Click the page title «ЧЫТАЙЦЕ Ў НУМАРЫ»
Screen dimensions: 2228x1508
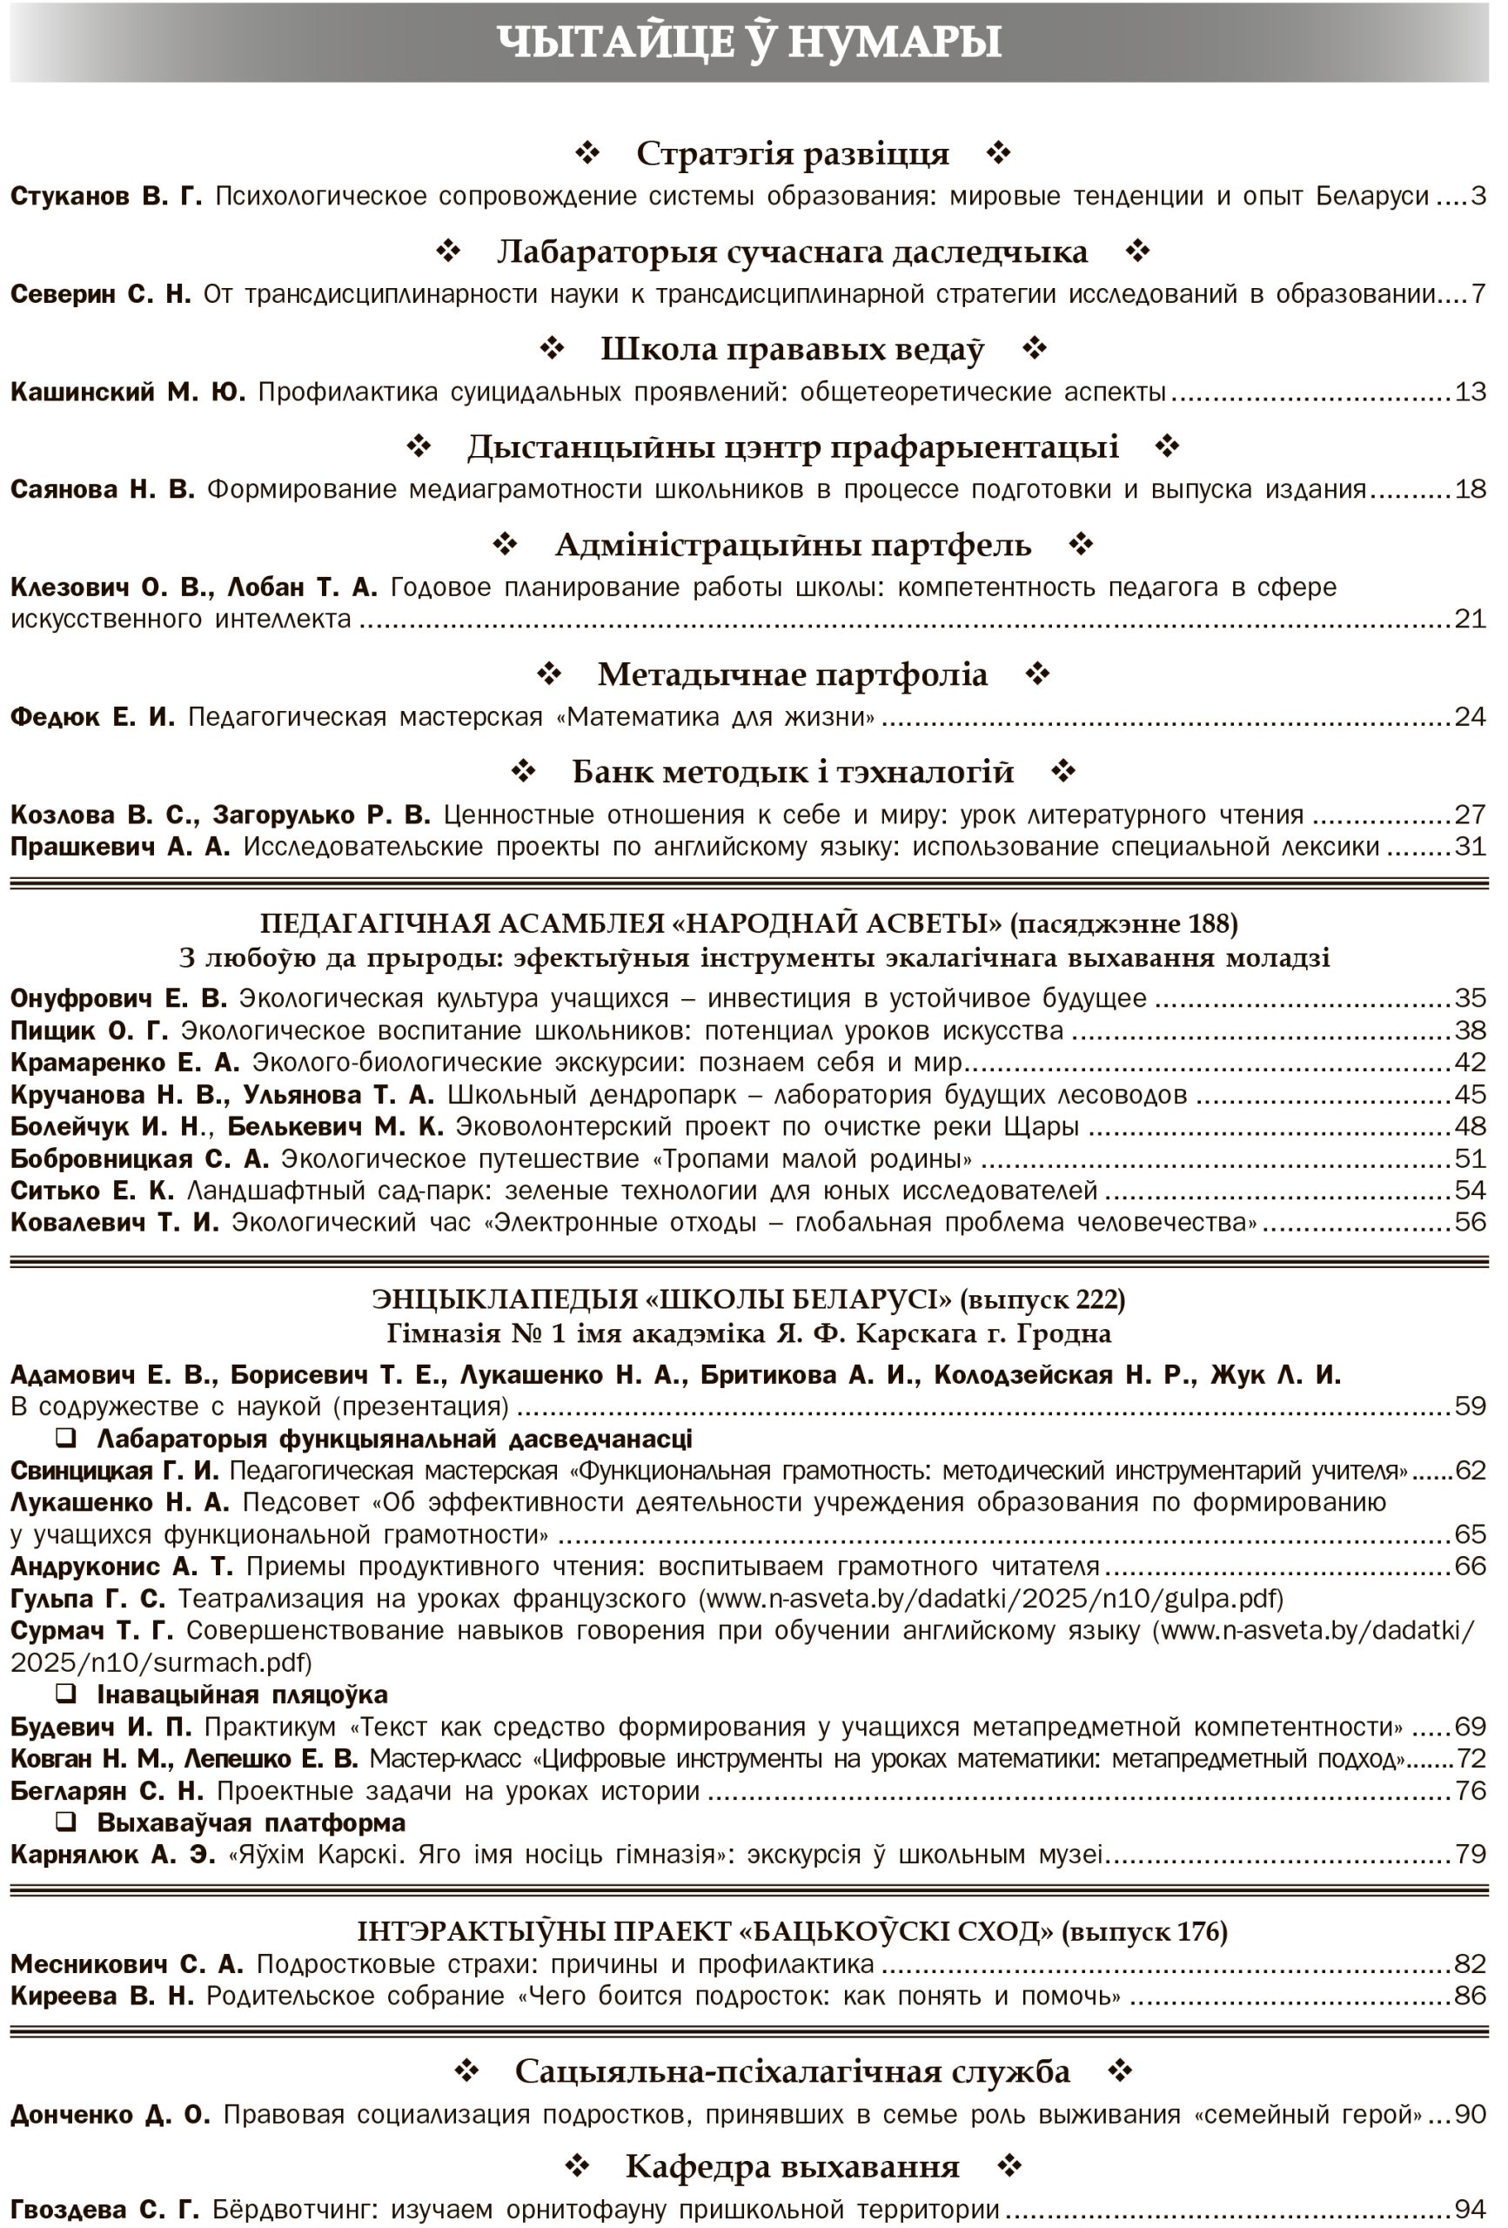750,42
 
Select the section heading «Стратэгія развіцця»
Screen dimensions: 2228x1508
792,153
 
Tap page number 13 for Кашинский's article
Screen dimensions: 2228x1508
1470,393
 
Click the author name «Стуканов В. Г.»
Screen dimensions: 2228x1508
106,197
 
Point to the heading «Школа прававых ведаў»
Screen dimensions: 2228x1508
792,349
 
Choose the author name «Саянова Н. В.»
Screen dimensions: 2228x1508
103,490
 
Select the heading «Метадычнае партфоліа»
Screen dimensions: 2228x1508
792,674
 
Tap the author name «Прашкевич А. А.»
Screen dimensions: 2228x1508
120,847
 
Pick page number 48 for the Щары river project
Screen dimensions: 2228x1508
1470,1126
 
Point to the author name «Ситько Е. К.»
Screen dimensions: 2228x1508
92,1191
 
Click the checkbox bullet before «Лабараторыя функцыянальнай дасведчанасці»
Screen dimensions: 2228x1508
66,1438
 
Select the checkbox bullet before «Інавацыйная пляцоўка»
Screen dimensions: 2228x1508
66,1694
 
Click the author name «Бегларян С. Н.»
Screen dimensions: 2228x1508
107,1791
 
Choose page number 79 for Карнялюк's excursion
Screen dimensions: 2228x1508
1470,1854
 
